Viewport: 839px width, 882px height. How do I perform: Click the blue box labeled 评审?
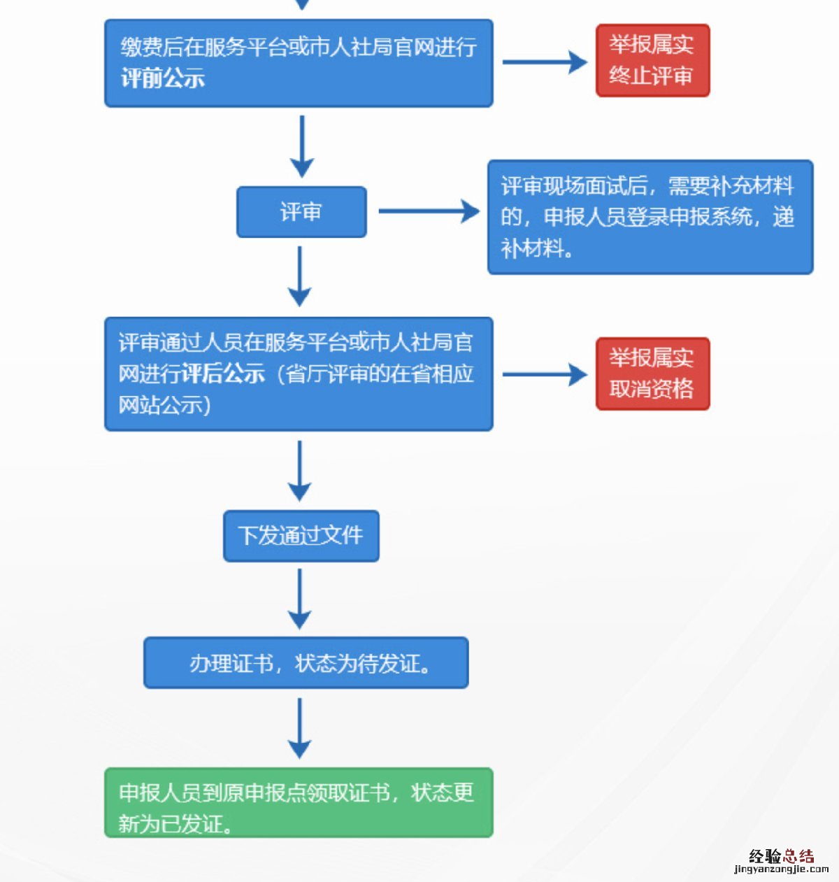tap(301, 212)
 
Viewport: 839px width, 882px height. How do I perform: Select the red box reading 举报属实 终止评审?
tap(652, 60)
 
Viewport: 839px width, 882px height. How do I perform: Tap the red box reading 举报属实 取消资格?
tap(652, 374)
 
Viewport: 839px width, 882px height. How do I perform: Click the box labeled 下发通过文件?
tap(301, 536)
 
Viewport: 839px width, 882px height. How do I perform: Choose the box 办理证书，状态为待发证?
tap(306, 662)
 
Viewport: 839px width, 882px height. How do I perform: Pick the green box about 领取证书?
tap(299, 802)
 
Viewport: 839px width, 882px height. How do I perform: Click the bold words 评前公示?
tap(163, 78)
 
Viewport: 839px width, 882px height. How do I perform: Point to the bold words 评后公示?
tap(223, 374)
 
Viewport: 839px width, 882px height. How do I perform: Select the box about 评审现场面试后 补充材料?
tap(650, 217)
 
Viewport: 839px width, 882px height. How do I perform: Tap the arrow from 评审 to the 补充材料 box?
tap(429, 211)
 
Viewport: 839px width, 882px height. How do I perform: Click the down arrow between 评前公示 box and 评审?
tap(302, 146)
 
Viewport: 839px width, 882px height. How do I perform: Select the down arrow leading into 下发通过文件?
tap(300, 470)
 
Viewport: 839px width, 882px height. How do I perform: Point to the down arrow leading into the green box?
tap(300, 728)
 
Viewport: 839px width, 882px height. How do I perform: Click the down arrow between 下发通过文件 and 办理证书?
tap(300, 599)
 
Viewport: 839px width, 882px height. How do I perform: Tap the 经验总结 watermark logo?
tap(781, 856)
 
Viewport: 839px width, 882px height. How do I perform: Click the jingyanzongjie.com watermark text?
tap(781, 869)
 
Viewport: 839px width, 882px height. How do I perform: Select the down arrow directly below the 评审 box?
tap(300, 276)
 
